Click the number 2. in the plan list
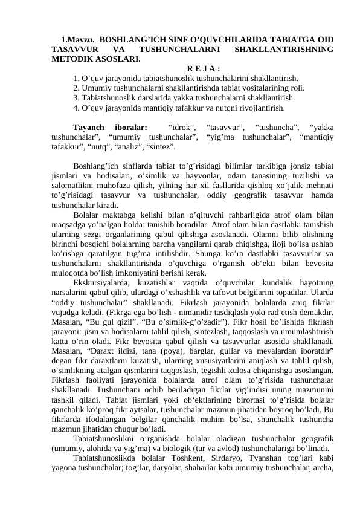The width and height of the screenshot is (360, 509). (76, 88)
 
